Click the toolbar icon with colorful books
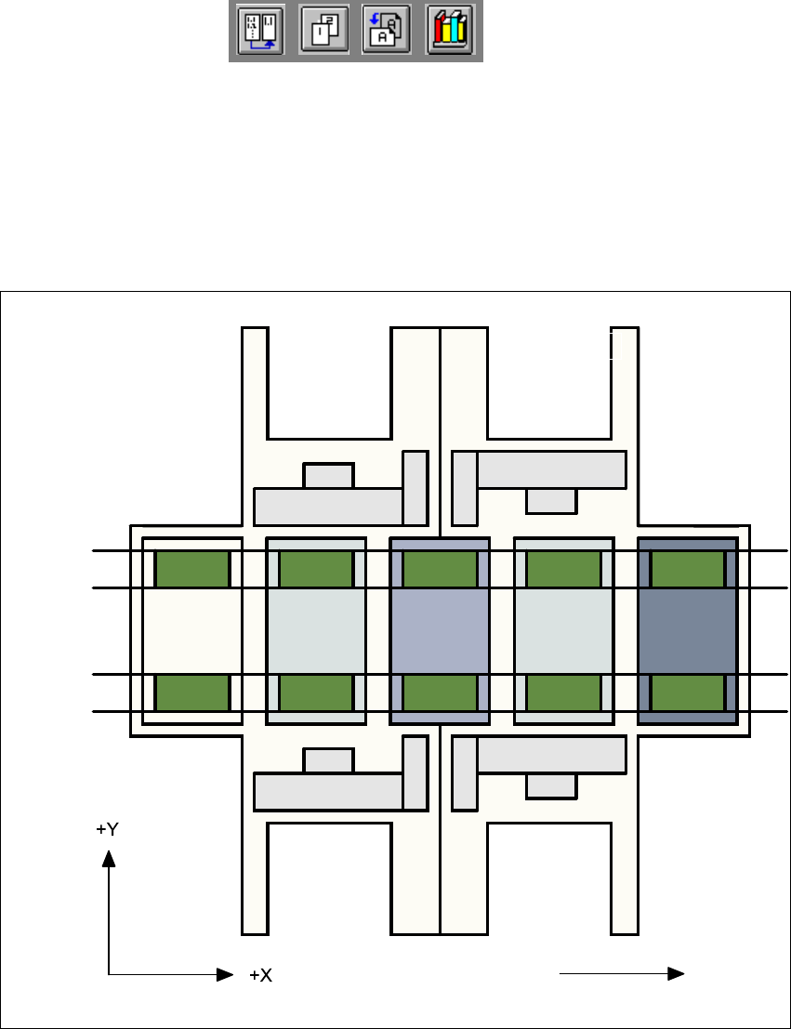click(x=451, y=33)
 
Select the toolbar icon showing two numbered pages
click(x=324, y=33)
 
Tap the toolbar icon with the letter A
click(x=387, y=33)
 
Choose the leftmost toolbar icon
click(x=260, y=33)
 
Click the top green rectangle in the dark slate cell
click(x=687, y=569)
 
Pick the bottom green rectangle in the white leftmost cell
click(x=191, y=693)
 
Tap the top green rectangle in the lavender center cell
click(x=440, y=569)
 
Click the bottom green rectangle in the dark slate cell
click(x=687, y=693)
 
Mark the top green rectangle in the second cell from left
click(x=316, y=569)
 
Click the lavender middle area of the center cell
click(x=440, y=630)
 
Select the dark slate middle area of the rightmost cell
click(x=687, y=630)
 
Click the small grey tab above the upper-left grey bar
click(x=328, y=475)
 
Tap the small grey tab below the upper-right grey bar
click(x=551, y=500)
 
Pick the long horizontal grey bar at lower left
click(x=327, y=791)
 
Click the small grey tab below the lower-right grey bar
click(x=551, y=785)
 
